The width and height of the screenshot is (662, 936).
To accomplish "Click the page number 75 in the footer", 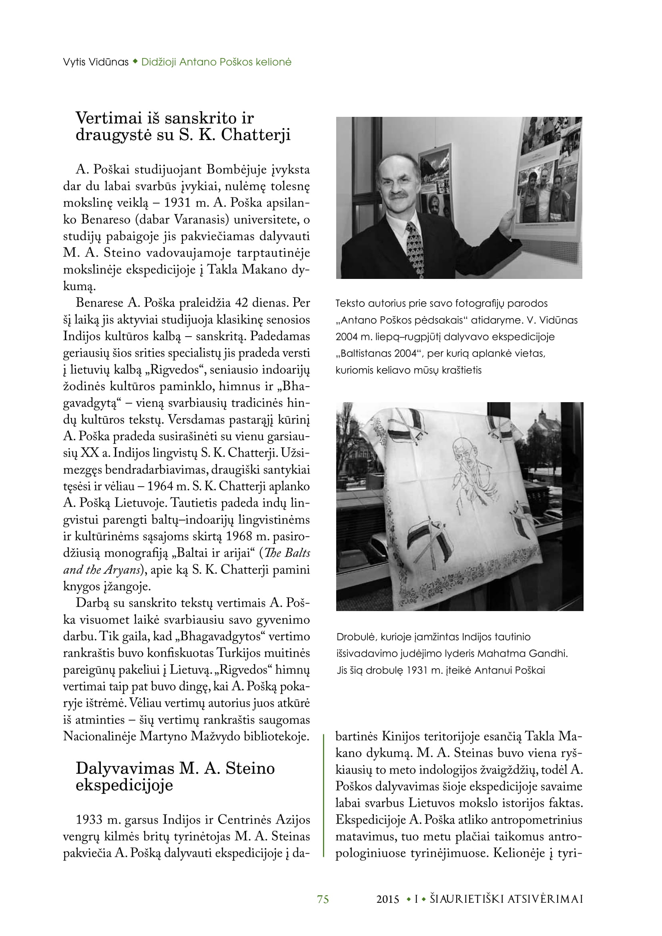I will [323, 899].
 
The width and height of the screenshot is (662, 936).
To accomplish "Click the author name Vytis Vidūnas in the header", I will [96, 62].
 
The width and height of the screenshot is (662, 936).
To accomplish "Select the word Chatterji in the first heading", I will [256, 135].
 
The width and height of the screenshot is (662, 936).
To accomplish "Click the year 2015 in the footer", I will [388, 899].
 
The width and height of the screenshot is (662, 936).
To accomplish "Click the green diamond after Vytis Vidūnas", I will [135, 62].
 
